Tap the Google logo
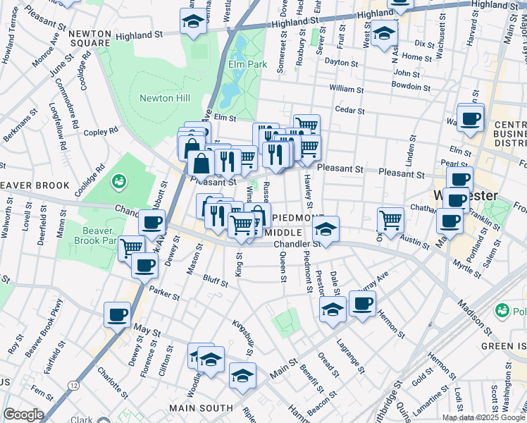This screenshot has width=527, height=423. [23, 415]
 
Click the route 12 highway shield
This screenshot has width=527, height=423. [73, 385]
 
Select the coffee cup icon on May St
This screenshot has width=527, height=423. [117, 314]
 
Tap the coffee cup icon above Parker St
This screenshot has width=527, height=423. [144, 266]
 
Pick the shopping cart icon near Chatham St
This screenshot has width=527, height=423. [390, 219]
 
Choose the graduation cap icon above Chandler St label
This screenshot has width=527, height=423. [325, 228]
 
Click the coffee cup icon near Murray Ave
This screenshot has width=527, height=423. [362, 304]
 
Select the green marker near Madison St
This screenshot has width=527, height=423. [502, 310]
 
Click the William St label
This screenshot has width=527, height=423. [345, 89]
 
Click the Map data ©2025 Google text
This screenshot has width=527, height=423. [483, 417]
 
